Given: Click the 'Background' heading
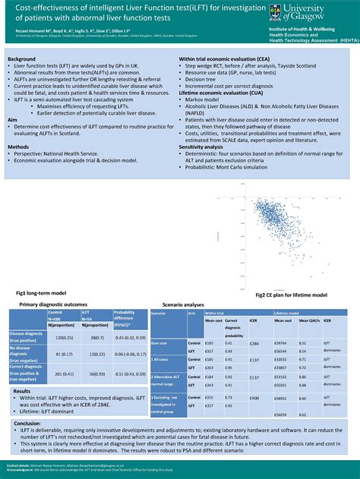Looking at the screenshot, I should click(x=23, y=58).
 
